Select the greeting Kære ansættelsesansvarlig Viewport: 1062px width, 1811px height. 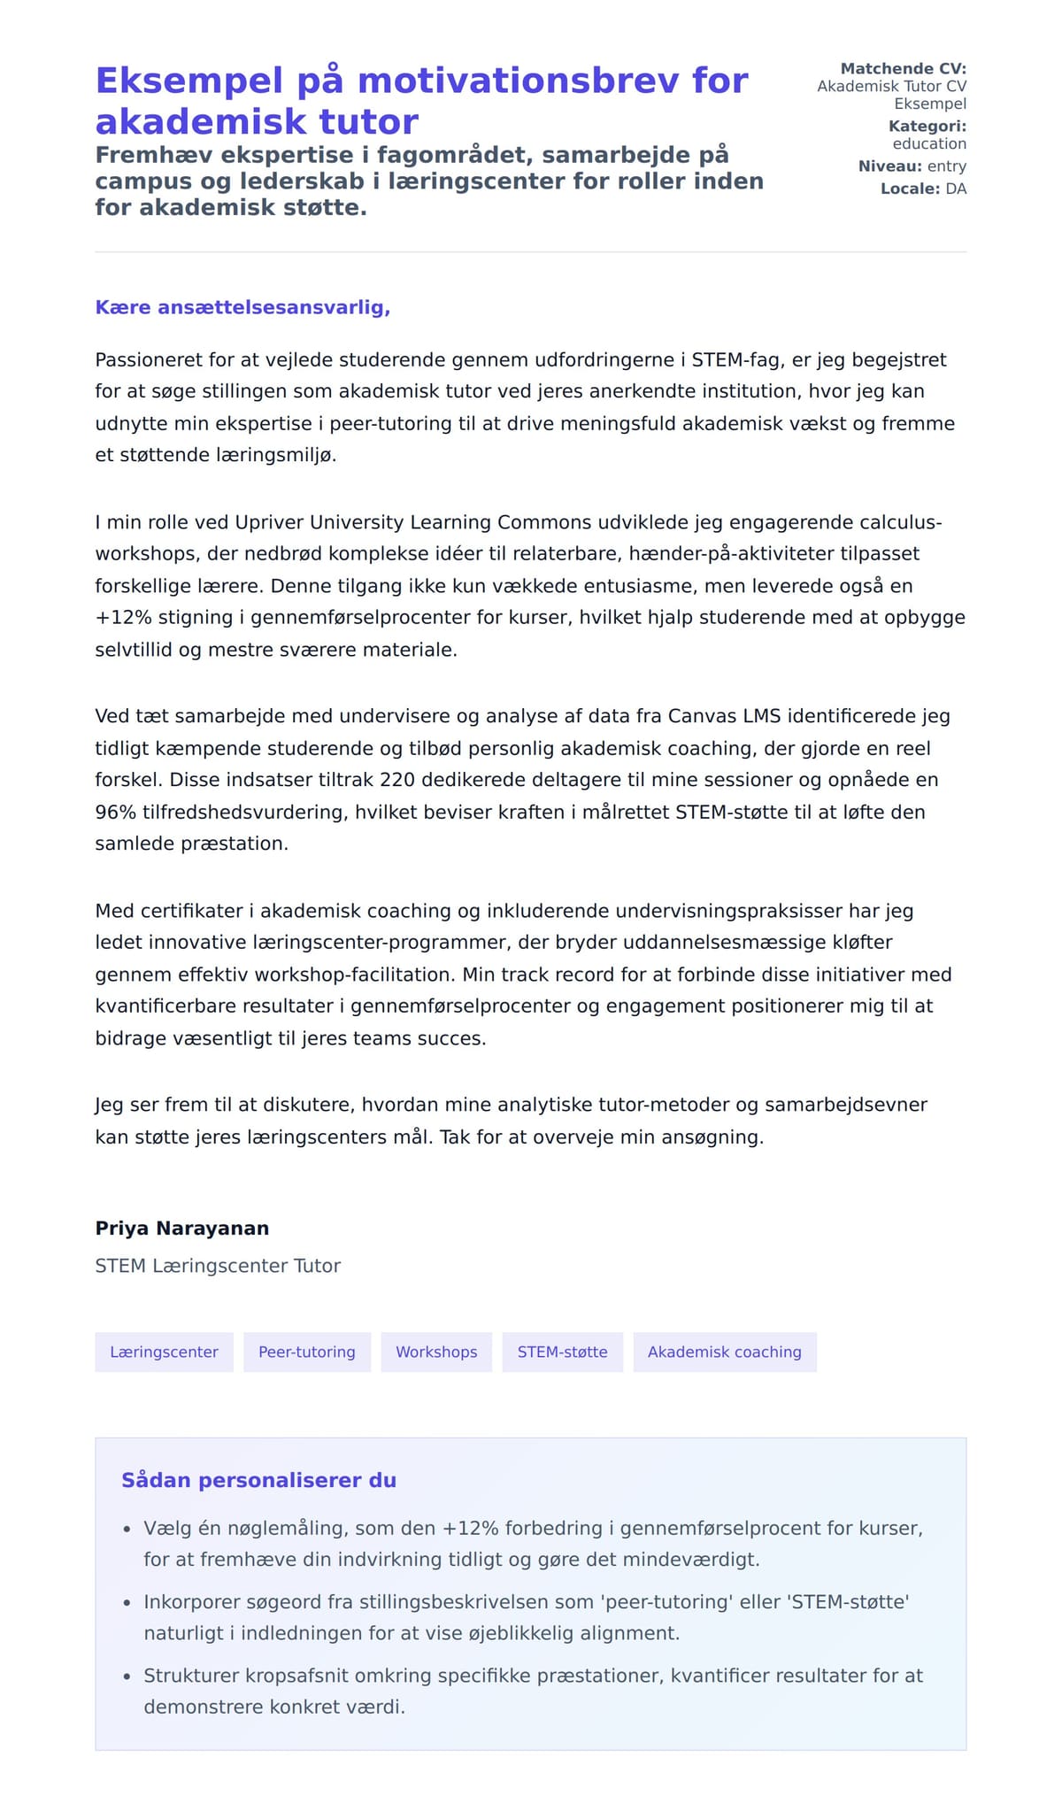242,307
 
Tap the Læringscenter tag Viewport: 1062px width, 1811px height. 164,1352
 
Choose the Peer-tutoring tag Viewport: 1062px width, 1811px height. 306,1352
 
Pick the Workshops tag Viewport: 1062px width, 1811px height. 436,1352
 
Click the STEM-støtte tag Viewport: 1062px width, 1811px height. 562,1352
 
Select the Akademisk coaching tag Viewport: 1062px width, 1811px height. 724,1352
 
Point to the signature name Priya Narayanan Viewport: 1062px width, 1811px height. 182,1228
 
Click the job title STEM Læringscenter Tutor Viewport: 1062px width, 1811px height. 218,1266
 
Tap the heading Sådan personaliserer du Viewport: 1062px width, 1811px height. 258,1480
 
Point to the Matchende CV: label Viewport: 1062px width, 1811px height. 903,68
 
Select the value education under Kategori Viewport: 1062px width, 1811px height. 929,143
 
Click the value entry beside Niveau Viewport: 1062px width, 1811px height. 947,166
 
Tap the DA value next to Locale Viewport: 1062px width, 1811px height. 956,189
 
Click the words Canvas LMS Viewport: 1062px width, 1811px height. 724,716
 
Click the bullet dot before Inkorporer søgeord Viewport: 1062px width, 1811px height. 127,1603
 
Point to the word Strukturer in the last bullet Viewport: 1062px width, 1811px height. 191,1676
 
